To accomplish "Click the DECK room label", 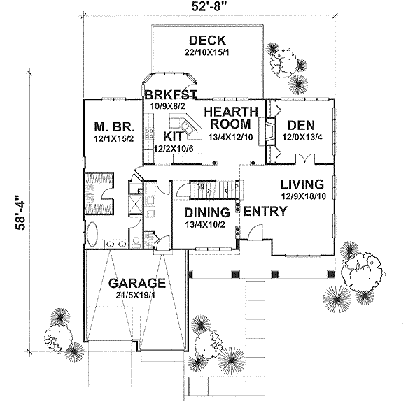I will tap(207, 39).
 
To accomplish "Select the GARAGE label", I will tap(137, 284).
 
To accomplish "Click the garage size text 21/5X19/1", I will tap(137, 297).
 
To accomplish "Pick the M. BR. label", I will tap(111, 126).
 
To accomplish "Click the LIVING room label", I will tap(302, 184).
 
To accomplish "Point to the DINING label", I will tap(207, 212).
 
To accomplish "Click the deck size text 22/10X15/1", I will tap(207, 52).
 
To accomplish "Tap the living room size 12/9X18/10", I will tap(302, 197).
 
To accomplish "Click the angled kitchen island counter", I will tap(190, 128).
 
